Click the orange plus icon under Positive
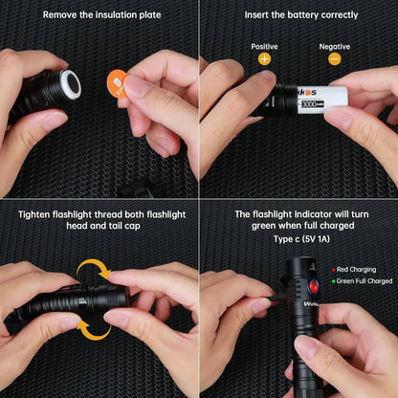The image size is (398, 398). click(x=265, y=58)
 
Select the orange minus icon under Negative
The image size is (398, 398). click(x=334, y=58)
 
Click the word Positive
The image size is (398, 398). click(x=265, y=45)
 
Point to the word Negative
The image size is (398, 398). click(x=334, y=45)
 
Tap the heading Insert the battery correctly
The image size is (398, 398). click(x=300, y=15)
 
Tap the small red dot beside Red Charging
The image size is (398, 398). click(x=333, y=271)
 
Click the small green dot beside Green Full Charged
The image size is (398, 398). click(x=333, y=281)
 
